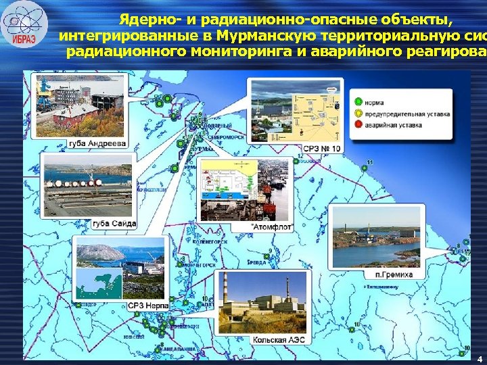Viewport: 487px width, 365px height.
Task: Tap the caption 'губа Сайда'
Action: click(x=108, y=224)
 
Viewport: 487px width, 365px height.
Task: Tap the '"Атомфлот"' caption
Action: click(x=271, y=227)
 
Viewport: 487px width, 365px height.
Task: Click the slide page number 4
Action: click(x=478, y=358)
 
